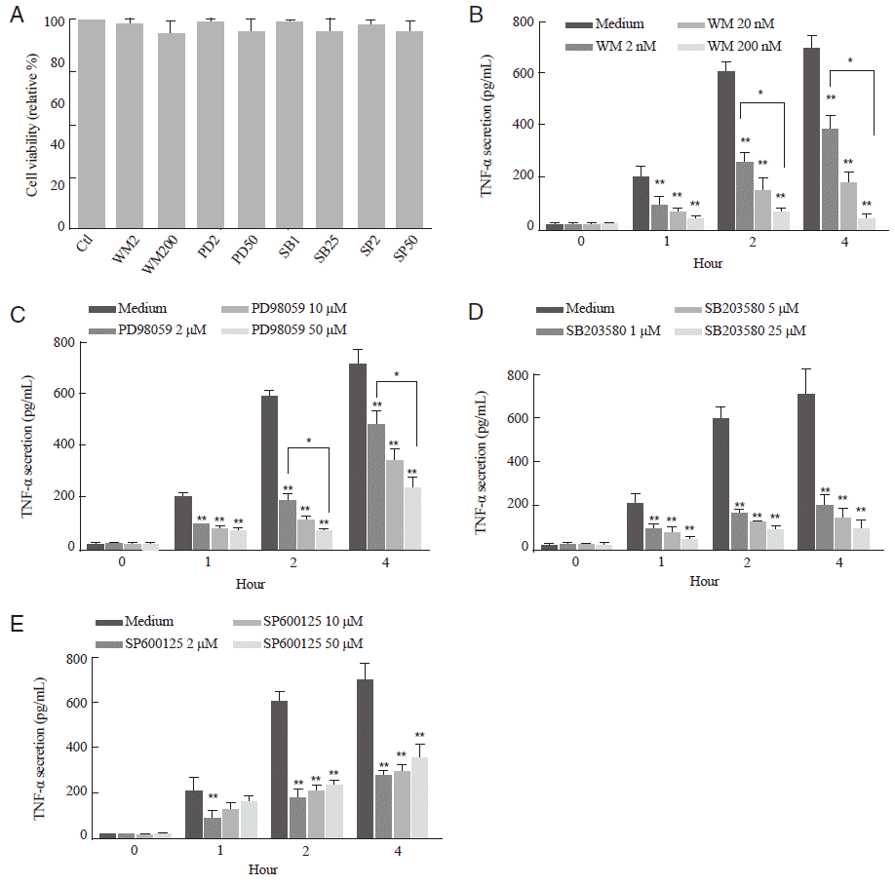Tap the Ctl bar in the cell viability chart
92,123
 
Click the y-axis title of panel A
32,122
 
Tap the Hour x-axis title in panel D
704,581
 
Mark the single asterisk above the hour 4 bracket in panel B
851,60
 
